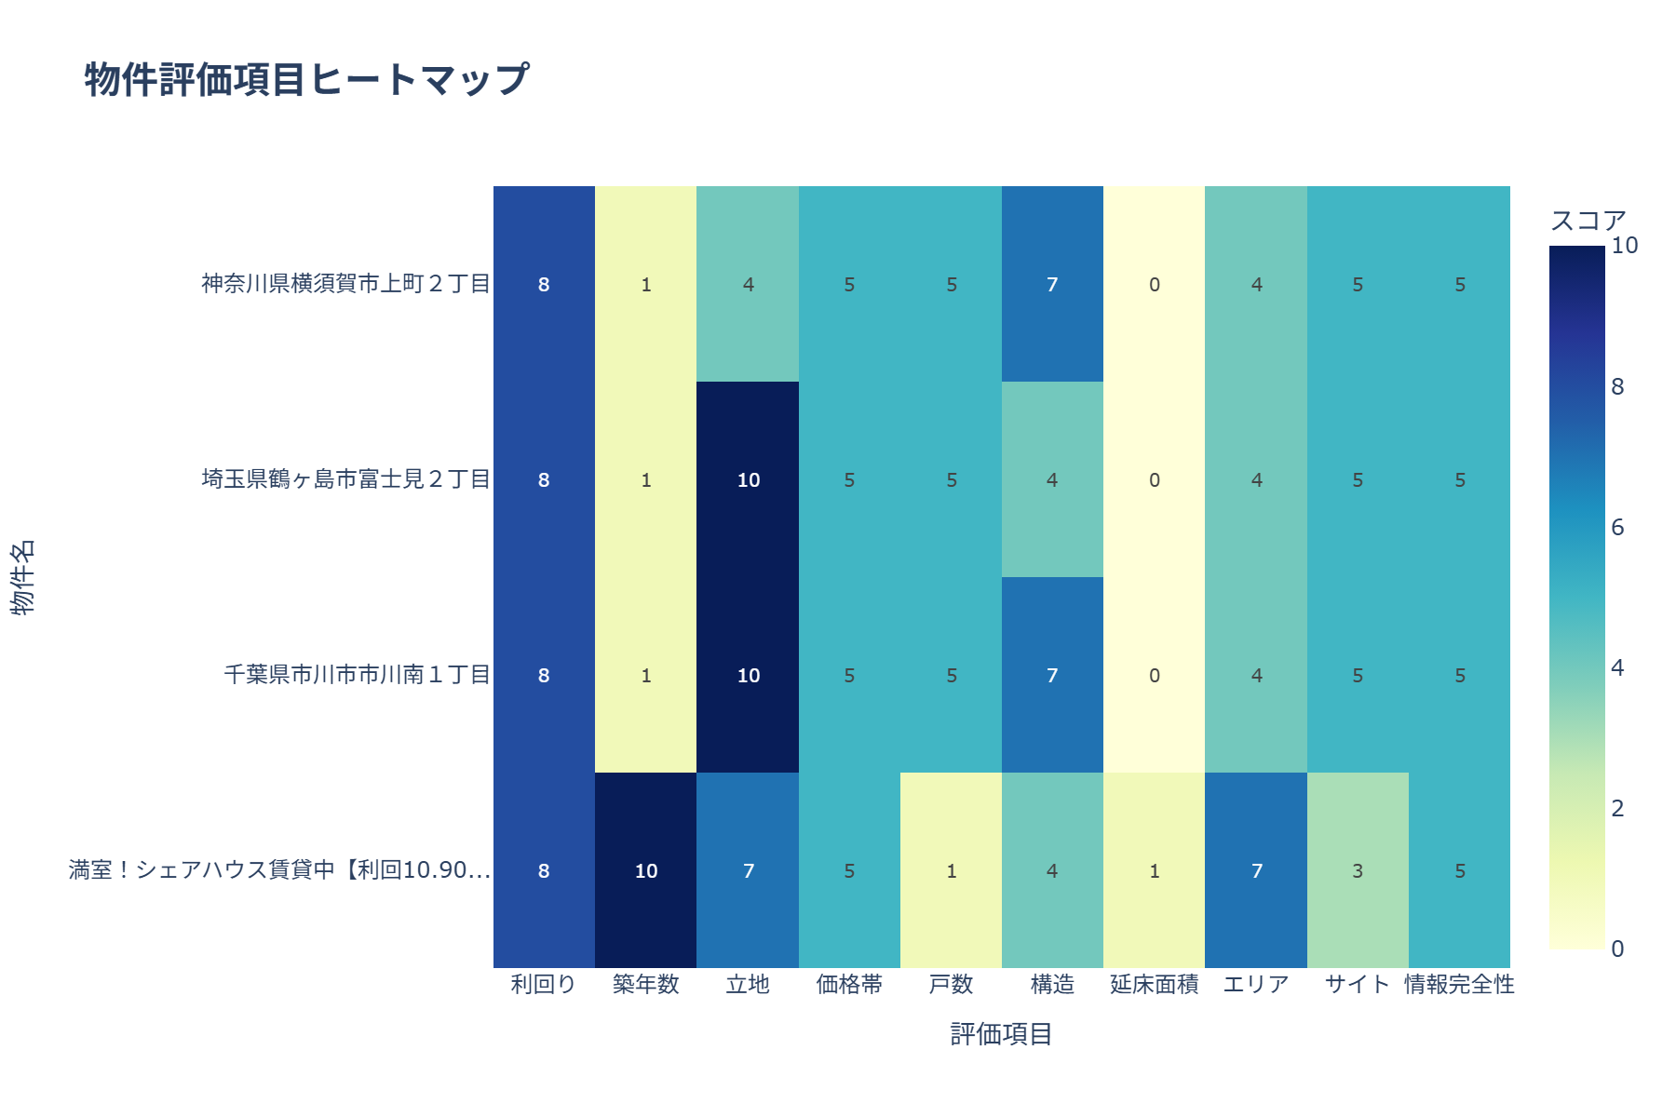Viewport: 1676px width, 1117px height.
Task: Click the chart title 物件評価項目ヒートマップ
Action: tap(307, 80)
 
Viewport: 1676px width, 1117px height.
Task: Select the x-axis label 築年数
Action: tap(645, 985)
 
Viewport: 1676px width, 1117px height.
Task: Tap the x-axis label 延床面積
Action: tap(1154, 985)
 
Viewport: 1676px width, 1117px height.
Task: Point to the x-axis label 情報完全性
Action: tap(1459, 985)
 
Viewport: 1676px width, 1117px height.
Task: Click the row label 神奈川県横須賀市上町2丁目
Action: tap(346, 284)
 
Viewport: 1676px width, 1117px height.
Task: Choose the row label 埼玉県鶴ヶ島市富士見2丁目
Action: tap(346, 479)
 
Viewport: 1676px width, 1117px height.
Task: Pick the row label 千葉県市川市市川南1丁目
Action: tap(358, 675)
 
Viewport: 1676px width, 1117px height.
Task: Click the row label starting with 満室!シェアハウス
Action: tap(279, 870)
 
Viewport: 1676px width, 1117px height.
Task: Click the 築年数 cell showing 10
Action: tap(645, 870)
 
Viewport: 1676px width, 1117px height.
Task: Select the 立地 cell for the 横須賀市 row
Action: tap(748, 284)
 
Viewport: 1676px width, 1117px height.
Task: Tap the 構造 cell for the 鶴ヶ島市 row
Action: tap(1052, 479)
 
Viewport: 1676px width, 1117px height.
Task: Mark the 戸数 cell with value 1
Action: tap(951, 870)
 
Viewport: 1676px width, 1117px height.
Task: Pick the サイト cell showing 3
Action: tap(1358, 870)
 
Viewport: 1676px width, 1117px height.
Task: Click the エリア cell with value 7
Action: tap(1256, 870)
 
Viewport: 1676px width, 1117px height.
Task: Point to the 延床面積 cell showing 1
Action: tap(1154, 870)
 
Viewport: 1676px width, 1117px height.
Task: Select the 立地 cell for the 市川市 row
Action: tap(748, 675)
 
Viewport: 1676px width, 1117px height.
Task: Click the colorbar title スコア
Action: tap(1588, 221)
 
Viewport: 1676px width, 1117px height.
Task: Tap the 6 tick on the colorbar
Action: tap(1617, 528)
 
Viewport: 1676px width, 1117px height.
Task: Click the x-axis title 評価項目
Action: tap(1001, 1034)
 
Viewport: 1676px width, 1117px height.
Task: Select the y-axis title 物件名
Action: tap(23, 577)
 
